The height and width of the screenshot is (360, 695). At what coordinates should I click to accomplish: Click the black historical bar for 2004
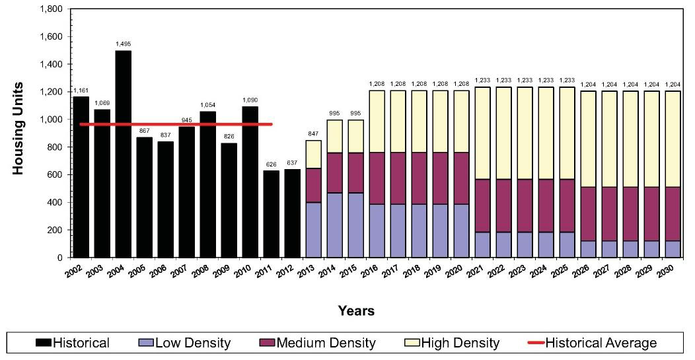123,154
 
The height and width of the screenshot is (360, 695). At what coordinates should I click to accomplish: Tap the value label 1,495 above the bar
123,44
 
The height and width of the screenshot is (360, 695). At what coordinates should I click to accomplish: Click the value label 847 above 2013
313,133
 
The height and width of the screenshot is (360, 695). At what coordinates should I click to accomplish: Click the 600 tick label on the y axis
55,174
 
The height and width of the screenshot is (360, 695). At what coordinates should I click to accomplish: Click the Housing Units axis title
18,128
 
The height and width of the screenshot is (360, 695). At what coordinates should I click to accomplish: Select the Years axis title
355,310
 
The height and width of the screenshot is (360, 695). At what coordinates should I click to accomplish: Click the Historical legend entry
73,343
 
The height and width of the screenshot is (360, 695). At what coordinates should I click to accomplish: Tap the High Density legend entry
452,343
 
